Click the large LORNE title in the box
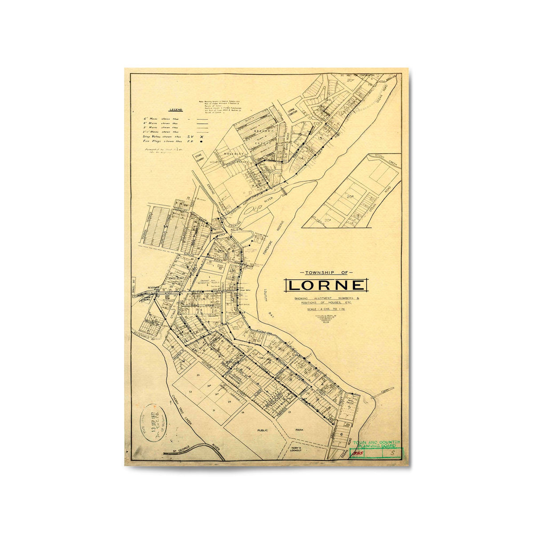click(x=326, y=285)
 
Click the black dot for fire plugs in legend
click(x=202, y=141)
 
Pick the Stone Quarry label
click(x=198, y=158)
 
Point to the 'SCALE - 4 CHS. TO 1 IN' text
click(x=326, y=309)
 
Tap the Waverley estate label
click(x=231, y=154)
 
